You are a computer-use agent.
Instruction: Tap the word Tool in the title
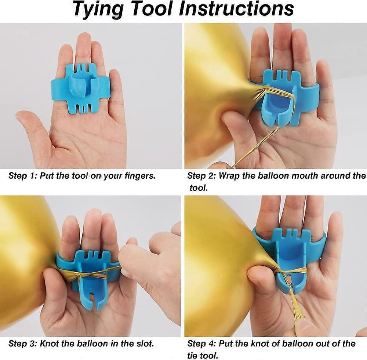point(155,8)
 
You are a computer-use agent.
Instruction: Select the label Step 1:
point(23,175)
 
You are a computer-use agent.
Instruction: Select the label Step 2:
point(201,175)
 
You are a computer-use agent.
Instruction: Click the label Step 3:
point(23,343)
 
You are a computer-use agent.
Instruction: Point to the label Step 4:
point(201,343)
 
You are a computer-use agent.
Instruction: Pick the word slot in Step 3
point(145,343)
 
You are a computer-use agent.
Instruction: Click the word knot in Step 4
point(259,343)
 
